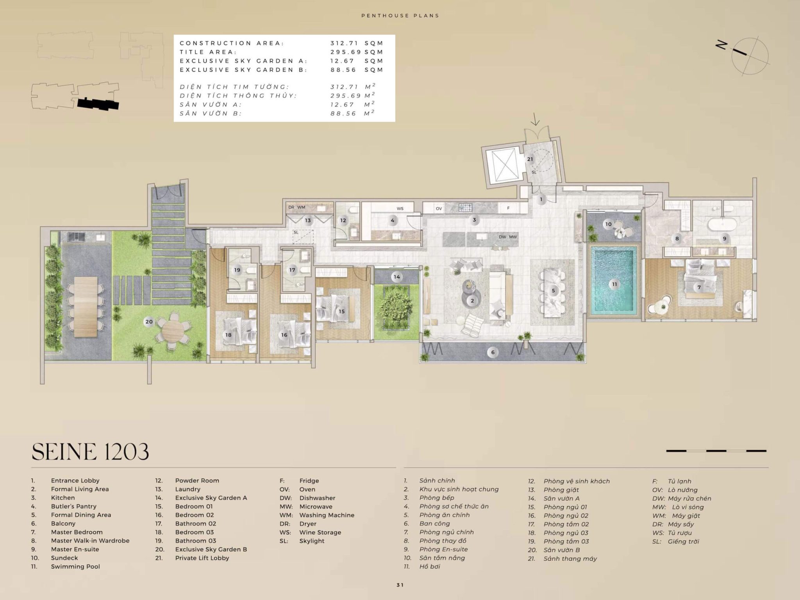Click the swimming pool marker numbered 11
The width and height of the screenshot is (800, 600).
pyautogui.click(x=614, y=284)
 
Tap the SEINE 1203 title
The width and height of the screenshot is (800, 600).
pyautogui.click(x=90, y=452)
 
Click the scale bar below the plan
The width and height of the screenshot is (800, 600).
pyautogui.click(x=716, y=451)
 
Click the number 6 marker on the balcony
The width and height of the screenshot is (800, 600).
pyautogui.click(x=493, y=352)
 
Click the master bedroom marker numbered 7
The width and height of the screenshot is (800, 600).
pyautogui.click(x=699, y=287)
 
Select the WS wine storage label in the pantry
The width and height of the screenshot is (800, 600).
pyautogui.click(x=400, y=209)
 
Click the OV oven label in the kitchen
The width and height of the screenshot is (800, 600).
pyautogui.click(x=439, y=209)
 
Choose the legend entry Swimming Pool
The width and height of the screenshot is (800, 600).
pyautogui.click(x=75, y=566)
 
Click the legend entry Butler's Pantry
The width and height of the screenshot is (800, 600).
pyautogui.click(x=73, y=506)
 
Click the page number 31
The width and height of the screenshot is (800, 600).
pyautogui.click(x=400, y=585)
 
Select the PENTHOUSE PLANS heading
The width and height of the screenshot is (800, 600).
pyautogui.click(x=400, y=16)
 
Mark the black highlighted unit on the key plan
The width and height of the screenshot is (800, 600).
pyautogui.click(x=98, y=104)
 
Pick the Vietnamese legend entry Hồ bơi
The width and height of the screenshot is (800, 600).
pyautogui.click(x=430, y=566)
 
